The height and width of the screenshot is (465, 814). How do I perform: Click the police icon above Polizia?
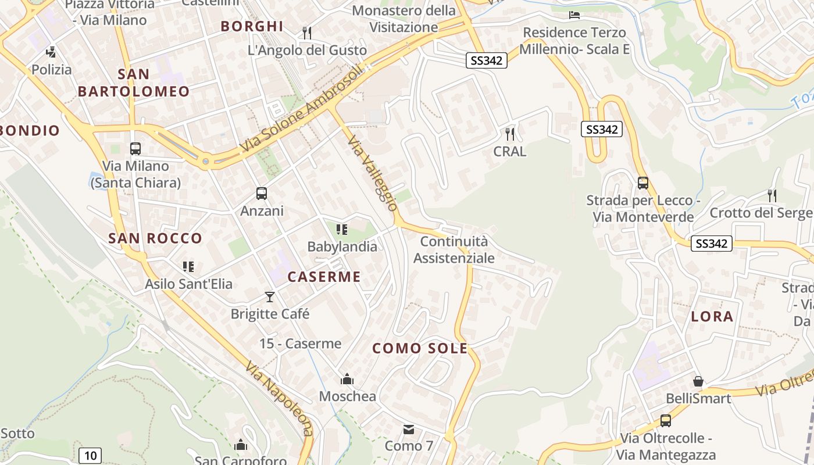[51, 52]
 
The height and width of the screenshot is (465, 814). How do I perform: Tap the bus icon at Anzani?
[262, 194]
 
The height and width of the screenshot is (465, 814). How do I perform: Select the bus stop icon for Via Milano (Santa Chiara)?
[135, 149]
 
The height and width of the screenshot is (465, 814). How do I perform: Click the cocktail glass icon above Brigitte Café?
[270, 297]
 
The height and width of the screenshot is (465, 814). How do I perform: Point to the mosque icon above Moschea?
[347, 380]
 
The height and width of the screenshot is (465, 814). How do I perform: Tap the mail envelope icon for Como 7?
[409, 430]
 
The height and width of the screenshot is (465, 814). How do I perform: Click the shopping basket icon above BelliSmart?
[698, 382]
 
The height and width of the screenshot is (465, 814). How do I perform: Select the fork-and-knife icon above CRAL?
[510, 134]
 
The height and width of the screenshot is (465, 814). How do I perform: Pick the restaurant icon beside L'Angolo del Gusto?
[307, 33]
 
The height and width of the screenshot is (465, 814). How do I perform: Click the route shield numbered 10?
[90, 455]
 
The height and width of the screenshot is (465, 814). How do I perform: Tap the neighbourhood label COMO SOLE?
[420, 348]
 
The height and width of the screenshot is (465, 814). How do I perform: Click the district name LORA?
[712, 317]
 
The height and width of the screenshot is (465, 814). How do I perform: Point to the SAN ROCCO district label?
[155, 238]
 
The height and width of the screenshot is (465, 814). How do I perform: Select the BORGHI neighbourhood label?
[252, 26]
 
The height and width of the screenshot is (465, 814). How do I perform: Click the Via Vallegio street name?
[373, 173]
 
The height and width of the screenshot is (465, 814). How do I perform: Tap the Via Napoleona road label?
[280, 399]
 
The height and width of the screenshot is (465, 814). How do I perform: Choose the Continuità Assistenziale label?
[454, 249]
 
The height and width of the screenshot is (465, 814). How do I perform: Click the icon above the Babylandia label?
[342, 230]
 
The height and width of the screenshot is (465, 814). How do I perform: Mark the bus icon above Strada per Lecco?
[643, 183]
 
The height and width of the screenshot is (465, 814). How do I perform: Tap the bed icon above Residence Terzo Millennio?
[574, 15]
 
